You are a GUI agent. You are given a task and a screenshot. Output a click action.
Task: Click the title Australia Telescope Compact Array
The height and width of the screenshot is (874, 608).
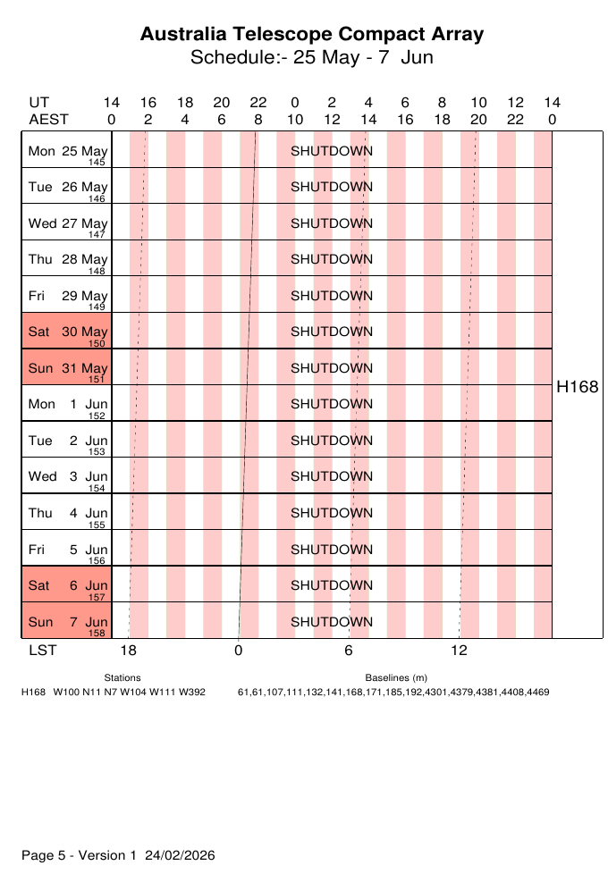pos(312,34)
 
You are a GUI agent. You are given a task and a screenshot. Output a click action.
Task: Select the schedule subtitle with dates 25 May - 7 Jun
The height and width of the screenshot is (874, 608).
pos(312,58)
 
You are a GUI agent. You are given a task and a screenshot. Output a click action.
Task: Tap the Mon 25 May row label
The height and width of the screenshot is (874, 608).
pos(67,151)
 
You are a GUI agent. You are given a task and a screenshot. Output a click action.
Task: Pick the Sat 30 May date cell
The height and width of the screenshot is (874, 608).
pos(67,332)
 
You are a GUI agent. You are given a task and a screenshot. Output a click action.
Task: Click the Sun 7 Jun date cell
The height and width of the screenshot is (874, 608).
pos(67,621)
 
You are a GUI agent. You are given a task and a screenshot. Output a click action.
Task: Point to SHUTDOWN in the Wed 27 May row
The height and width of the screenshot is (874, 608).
pos(332,223)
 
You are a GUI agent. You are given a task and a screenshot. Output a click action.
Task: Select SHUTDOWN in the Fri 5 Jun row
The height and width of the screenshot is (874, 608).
pos(332,549)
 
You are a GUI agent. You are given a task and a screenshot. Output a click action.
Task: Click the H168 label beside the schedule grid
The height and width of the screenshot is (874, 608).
pos(577,387)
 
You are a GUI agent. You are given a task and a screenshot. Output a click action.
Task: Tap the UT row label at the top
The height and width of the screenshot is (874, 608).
pos(38,103)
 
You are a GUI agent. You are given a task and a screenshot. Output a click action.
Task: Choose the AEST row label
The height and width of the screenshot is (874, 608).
pos(48,119)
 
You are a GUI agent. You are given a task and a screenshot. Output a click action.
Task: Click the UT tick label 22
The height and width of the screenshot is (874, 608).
pos(258,103)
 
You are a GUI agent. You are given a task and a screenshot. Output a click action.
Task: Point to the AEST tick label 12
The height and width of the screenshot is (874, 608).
pos(332,119)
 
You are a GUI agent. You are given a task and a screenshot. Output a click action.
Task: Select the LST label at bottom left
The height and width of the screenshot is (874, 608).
pos(42,651)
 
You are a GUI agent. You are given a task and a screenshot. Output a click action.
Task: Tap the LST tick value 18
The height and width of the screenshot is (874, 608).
pos(129,651)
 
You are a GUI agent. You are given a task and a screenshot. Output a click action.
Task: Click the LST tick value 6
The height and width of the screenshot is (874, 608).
pos(349,651)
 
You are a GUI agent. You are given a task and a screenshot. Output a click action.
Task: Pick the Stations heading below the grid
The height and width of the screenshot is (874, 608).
pos(122,678)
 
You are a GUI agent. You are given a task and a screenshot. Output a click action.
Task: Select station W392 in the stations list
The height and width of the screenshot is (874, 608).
pos(190,693)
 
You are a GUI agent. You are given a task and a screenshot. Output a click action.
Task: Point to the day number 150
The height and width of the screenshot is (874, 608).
pos(97,343)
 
